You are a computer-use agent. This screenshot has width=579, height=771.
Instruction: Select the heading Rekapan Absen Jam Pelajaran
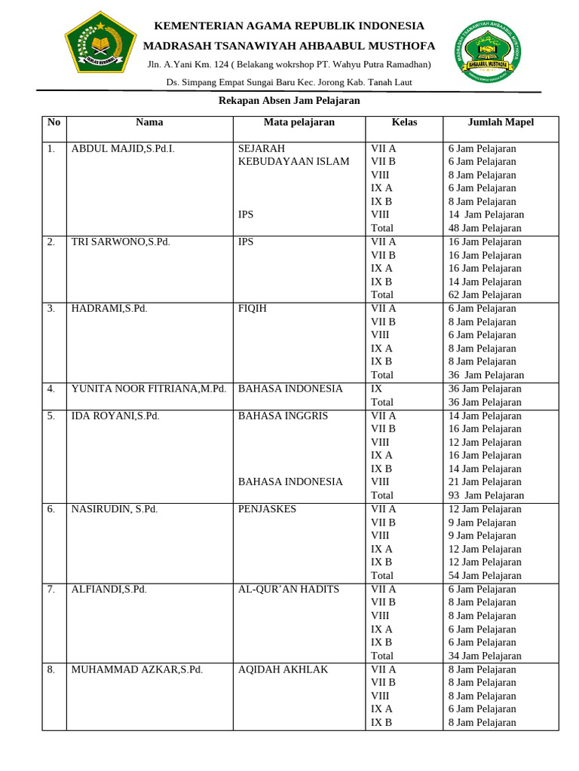click(x=289, y=100)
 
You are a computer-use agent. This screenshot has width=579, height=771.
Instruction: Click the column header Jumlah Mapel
click(x=501, y=122)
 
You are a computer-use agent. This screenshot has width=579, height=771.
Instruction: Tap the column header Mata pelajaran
click(x=299, y=122)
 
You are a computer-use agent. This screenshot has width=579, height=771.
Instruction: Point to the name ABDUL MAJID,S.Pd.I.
click(x=123, y=148)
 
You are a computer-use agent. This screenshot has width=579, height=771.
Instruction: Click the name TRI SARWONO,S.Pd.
click(x=119, y=242)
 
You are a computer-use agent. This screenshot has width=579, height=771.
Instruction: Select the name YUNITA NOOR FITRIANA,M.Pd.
click(x=149, y=389)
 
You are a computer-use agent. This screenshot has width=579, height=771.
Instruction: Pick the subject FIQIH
click(x=253, y=308)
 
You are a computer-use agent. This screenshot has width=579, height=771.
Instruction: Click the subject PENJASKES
click(x=267, y=509)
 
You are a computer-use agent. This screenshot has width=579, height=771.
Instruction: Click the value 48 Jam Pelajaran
click(x=485, y=228)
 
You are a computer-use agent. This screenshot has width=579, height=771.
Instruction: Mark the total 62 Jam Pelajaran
click(x=485, y=294)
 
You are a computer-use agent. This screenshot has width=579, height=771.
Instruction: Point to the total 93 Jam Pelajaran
click(x=486, y=495)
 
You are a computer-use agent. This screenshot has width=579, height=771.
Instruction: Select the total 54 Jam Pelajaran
click(x=485, y=575)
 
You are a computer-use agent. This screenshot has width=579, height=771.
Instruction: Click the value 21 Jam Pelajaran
click(x=485, y=482)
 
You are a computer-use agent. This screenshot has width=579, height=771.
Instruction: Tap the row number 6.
click(x=51, y=509)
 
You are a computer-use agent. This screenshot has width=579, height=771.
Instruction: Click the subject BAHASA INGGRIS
click(x=283, y=416)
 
